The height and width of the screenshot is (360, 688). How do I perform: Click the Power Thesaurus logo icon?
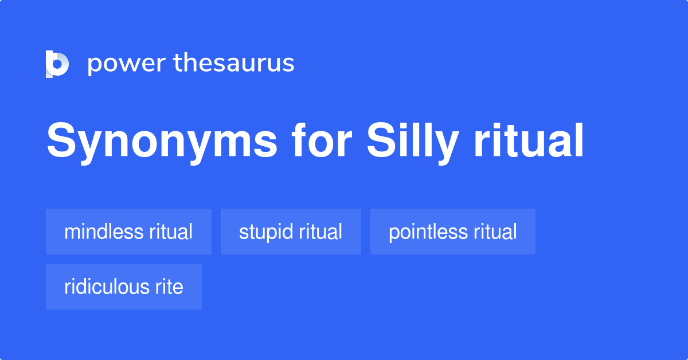57,64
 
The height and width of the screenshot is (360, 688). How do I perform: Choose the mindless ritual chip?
128,232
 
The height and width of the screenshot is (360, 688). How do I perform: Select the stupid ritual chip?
291,232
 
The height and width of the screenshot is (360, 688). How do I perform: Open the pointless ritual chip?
453,232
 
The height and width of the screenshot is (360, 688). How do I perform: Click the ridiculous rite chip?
124,287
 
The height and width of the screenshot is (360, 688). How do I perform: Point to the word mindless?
104,232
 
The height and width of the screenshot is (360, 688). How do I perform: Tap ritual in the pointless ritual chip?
495,232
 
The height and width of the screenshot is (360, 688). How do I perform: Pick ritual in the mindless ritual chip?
170,232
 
